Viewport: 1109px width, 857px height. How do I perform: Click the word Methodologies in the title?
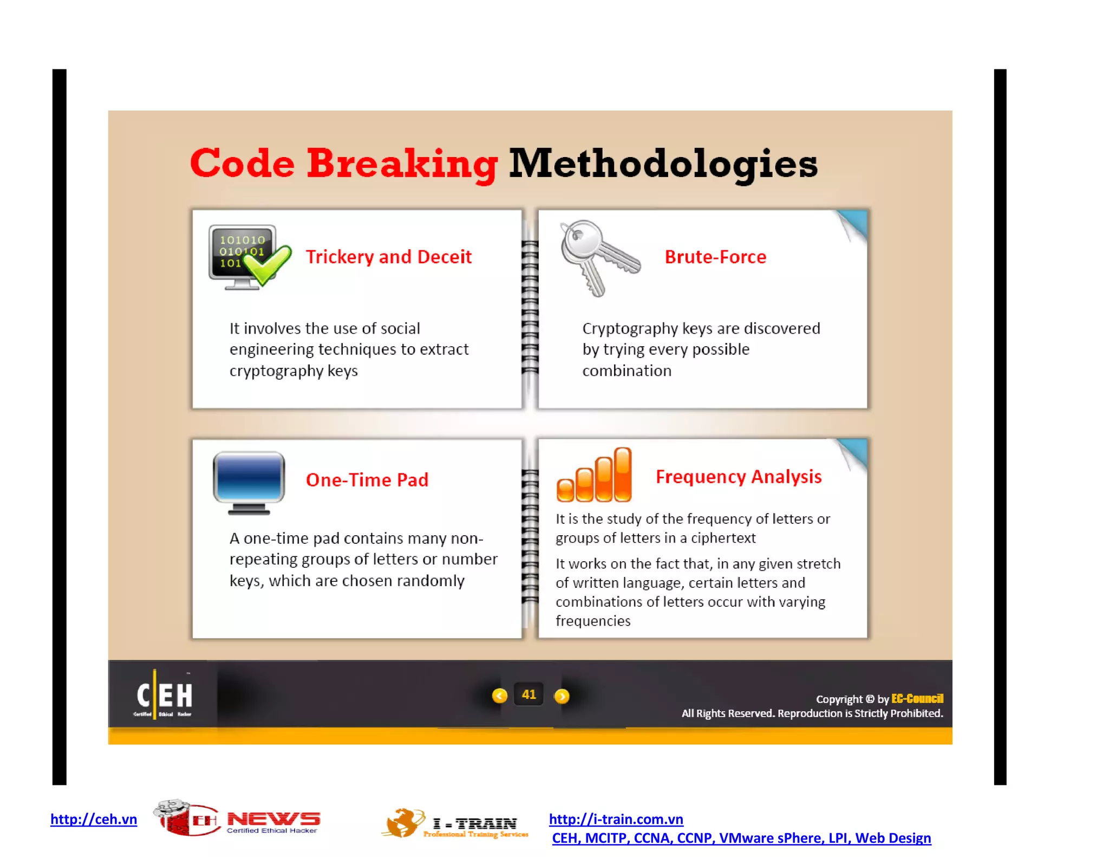point(663,164)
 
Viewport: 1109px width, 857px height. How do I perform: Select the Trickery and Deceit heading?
point(388,257)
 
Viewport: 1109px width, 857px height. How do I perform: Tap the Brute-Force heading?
point(715,257)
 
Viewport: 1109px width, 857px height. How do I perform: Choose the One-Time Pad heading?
point(367,480)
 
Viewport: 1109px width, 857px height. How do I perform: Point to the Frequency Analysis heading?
point(738,477)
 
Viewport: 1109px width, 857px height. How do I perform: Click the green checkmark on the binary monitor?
point(268,263)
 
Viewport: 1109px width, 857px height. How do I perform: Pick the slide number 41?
point(529,694)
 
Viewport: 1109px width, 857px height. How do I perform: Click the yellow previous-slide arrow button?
point(499,696)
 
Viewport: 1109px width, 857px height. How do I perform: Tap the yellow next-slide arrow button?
point(562,696)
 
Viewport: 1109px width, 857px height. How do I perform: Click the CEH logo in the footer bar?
point(164,696)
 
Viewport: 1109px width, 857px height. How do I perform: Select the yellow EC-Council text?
point(917,699)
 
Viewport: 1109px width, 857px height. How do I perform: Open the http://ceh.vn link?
point(94,819)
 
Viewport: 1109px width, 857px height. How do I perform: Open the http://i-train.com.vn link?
point(616,819)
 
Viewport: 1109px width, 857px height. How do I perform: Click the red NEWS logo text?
point(273,819)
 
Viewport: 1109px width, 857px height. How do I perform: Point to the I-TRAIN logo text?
point(475,823)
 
